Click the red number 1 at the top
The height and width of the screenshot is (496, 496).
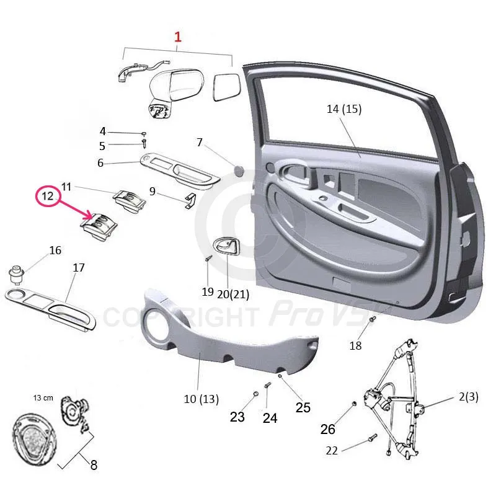[x=178, y=37]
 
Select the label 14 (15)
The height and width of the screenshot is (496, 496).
[x=344, y=110]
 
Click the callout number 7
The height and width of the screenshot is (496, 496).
[x=200, y=143]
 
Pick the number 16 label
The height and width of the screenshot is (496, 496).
[x=55, y=250]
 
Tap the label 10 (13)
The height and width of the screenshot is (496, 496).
[x=201, y=399]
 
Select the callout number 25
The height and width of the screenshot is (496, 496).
[x=303, y=407]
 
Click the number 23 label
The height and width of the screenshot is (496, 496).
[x=237, y=417]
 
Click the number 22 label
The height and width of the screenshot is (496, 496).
[x=332, y=451]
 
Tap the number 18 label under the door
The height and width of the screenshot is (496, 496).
[x=355, y=346]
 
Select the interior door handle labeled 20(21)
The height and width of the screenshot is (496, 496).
[x=224, y=249]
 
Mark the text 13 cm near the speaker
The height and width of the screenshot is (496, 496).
[x=43, y=396]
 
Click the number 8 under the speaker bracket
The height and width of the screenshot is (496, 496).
[x=94, y=465]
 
